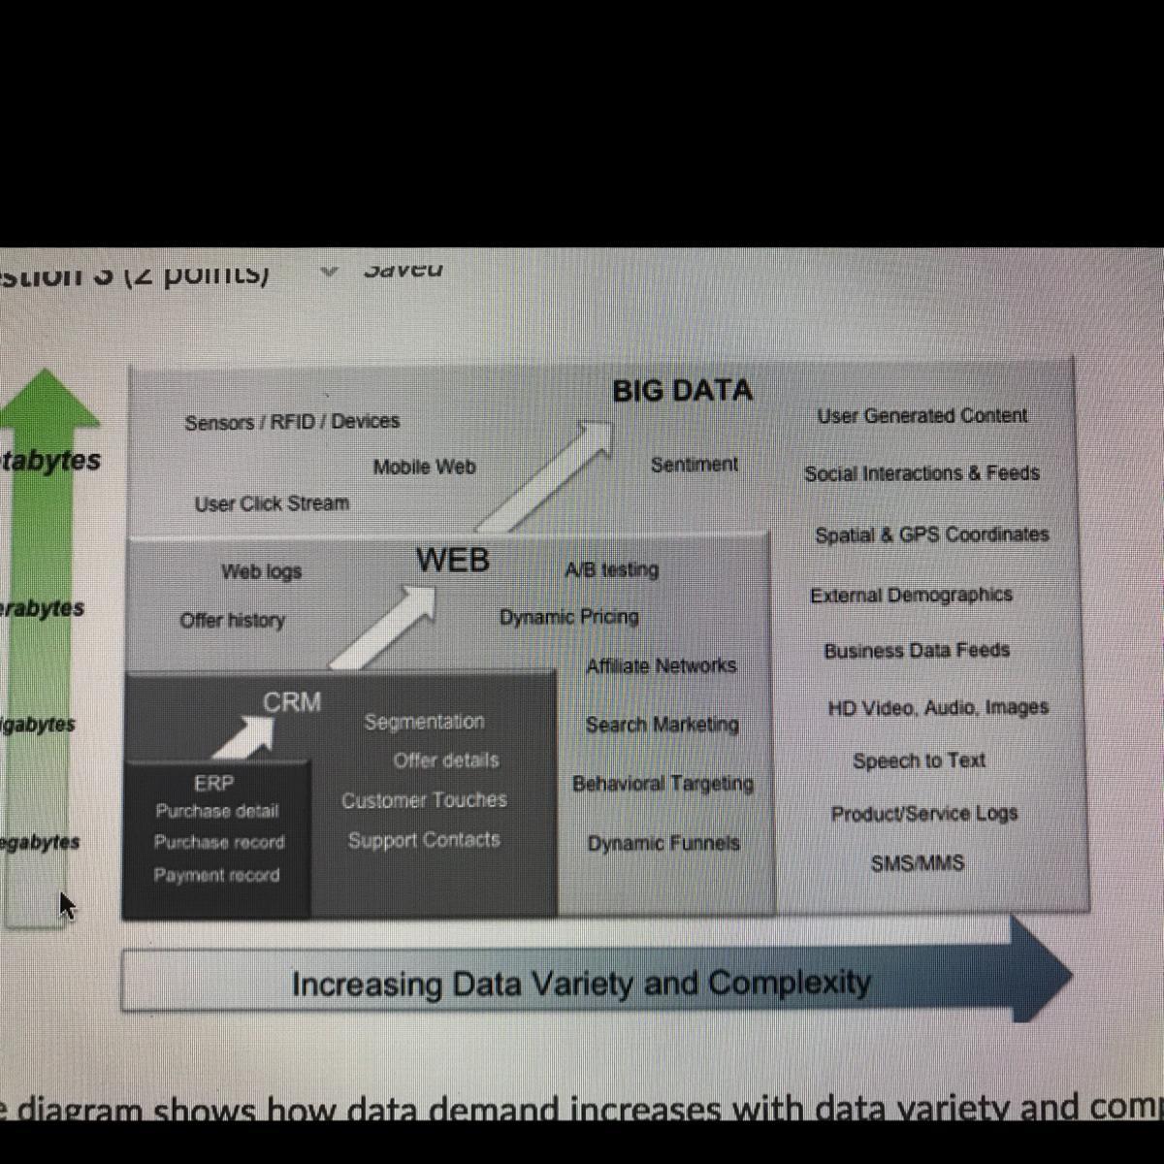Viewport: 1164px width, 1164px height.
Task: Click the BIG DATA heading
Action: coord(682,391)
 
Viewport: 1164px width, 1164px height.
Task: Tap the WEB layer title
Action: coord(452,561)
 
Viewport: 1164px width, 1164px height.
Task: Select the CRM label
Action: coord(291,702)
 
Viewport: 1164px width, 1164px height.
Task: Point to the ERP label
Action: coord(213,783)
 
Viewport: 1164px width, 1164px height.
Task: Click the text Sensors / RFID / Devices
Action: coord(292,422)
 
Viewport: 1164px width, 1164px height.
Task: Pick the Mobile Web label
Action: coord(424,468)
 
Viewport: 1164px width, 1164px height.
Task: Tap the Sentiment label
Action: coord(694,465)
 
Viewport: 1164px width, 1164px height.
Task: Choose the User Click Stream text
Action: coord(272,504)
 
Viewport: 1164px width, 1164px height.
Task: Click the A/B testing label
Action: coord(611,570)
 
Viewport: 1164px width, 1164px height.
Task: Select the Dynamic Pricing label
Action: coord(568,617)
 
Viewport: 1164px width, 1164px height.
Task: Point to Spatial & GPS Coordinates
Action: coord(931,534)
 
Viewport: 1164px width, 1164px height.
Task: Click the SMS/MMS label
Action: coord(917,863)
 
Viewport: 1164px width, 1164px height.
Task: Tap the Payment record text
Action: coord(216,875)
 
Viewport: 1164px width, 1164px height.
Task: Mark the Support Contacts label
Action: coord(424,840)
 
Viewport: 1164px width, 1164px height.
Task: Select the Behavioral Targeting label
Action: coord(663,784)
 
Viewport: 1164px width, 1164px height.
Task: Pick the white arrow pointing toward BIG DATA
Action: coord(548,475)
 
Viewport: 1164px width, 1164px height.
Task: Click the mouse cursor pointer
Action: coord(65,905)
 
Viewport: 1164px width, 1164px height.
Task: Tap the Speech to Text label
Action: coord(919,761)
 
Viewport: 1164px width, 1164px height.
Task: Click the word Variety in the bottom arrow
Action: coord(580,984)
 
